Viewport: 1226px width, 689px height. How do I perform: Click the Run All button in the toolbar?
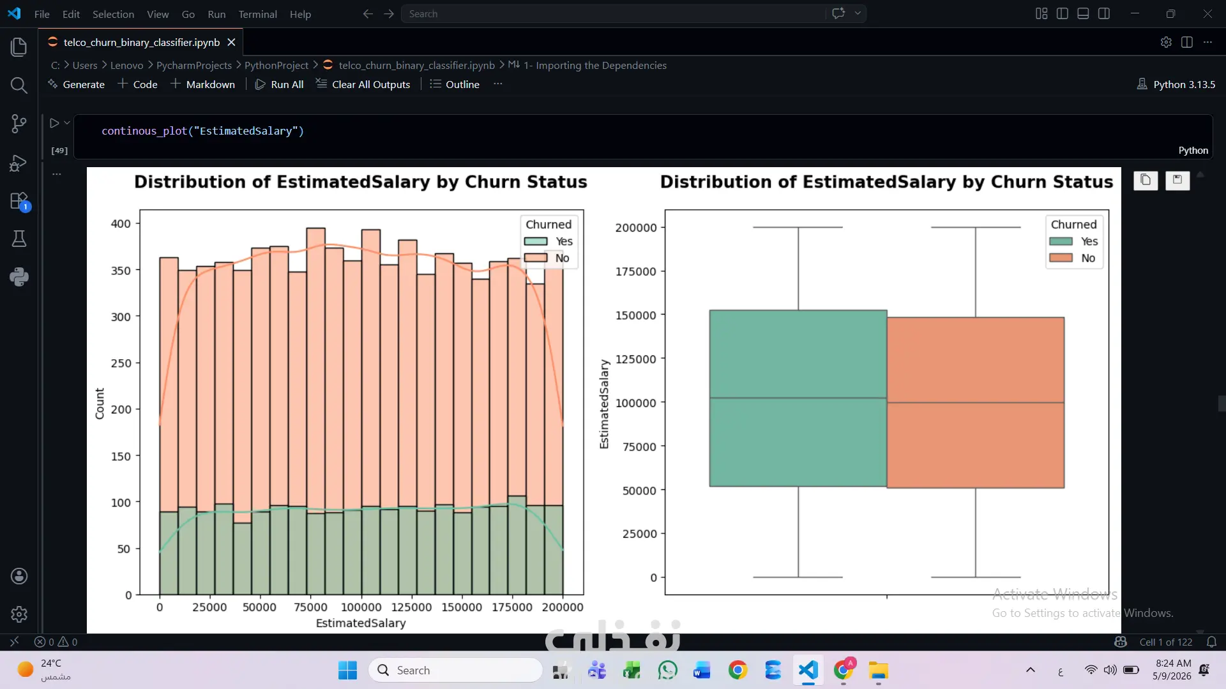pos(280,84)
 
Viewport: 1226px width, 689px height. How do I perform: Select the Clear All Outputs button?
pos(363,84)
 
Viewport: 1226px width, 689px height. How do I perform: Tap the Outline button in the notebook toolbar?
pos(455,84)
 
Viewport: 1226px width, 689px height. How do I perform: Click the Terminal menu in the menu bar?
pos(257,14)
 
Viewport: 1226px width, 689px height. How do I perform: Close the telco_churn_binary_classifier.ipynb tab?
pos(232,42)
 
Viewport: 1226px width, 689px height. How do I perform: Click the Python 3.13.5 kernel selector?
pos(1176,84)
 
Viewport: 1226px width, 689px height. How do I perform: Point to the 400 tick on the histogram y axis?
pos(121,224)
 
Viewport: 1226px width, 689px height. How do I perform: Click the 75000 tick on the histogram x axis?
pos(310,607)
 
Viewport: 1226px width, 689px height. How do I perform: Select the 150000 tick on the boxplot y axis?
pos(635,315)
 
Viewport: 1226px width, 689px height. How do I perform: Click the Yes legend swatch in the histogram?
pos(536,241)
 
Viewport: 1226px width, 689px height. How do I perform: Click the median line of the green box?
pos(798,398)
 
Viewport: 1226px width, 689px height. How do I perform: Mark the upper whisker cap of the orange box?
pos(975,227)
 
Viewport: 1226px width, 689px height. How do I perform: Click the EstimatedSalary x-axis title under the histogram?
pos(361,623)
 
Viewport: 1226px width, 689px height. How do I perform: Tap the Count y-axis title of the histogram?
pos(100,403)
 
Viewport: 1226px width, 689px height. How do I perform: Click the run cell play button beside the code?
pos(54,123)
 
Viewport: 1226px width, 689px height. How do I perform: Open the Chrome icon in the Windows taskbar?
pos(738,670)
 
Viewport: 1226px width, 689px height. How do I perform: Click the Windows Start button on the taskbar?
pos(347,670)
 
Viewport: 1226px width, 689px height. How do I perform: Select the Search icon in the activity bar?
pos(19,85)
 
